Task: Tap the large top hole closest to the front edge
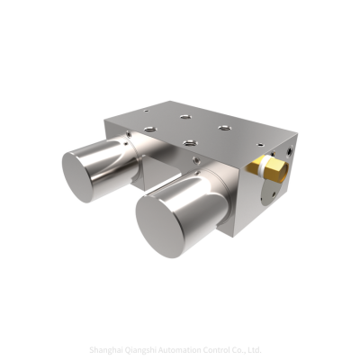[190, 141]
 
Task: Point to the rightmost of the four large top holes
[226, 127]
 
